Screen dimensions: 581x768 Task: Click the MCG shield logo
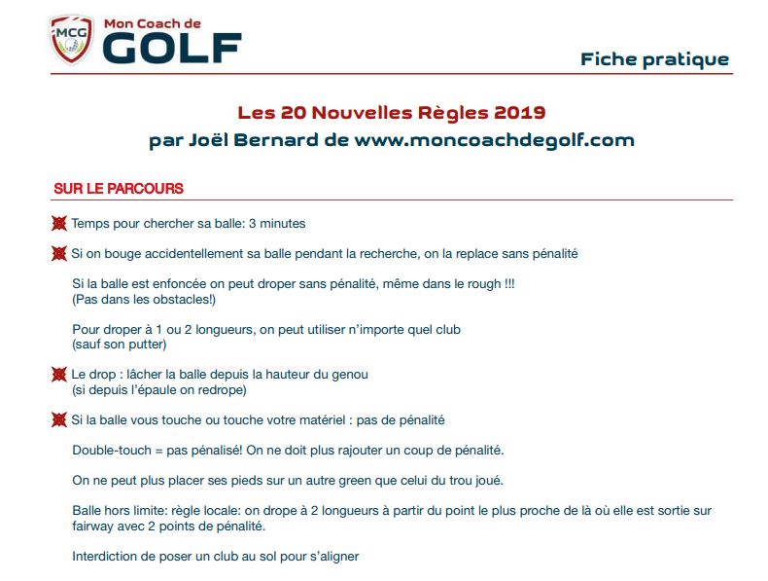tap(70, 39)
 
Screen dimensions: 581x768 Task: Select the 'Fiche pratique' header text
tap(654, 59)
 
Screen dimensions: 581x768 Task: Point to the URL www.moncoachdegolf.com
tap(494, 139)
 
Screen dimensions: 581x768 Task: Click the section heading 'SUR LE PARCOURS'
tap(119, 189)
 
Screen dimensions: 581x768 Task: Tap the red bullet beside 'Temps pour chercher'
tap(59, 224)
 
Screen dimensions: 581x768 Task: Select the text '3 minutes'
tap(277, 224)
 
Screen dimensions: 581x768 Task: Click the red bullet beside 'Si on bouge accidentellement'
tap(59, 254)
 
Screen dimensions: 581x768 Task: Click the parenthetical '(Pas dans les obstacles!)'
tap(144, 299)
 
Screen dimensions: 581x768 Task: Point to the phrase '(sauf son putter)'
tap(120, 344)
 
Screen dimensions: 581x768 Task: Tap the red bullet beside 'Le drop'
tap(59, 375)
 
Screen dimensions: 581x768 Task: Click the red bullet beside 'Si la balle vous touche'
tap(59, 420)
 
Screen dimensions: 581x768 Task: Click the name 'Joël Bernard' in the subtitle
tap(236, 139)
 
